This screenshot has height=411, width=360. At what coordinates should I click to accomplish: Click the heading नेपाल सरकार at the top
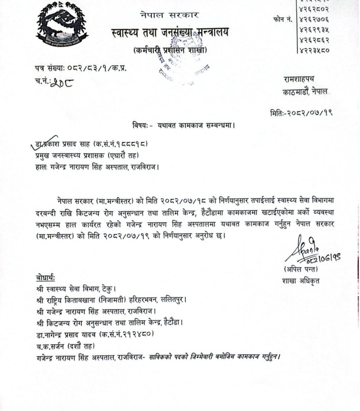(169, 15)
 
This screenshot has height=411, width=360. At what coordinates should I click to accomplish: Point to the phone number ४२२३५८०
(314, 50)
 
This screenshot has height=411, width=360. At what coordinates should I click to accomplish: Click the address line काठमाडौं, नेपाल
(305, 91)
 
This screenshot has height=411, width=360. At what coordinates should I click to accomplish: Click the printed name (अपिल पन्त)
(301, 270)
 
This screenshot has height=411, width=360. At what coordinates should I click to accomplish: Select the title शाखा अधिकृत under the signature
(300, 281)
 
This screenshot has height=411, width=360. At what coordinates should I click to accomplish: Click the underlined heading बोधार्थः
(46, 278)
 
